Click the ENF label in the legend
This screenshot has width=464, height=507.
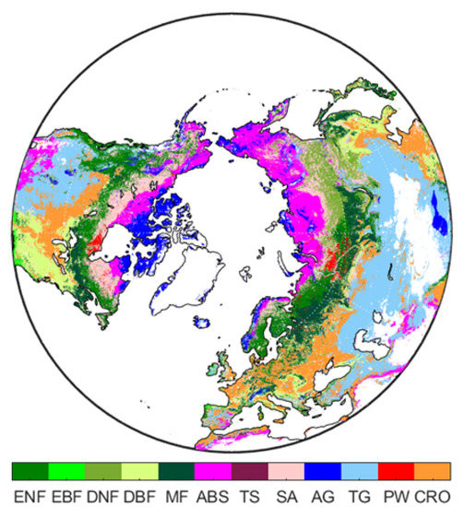(x=29, y=494)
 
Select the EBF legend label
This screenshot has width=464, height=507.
(x=66, y=494)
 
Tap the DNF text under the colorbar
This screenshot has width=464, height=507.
(x=103, y=494)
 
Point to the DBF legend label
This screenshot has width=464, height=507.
(x=140, y=494)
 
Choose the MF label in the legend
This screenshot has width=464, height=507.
(x=176, y=494)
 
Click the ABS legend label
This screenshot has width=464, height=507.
(x=212, y=494)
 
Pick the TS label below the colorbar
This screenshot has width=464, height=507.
(x=249, y=494)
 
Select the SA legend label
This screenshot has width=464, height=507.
(x=286, y=494)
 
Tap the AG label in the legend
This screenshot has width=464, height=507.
(x=322, y=494)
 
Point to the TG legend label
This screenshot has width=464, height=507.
(x=359, y=494)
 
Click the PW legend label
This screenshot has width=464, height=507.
(x=396, y=494)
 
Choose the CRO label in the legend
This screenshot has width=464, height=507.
(x=433, y=494)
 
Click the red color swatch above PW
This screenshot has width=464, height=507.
(x=397, y=471)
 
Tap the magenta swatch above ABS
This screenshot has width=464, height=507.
(x=213, y=471)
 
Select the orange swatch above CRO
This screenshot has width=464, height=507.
(x=433, y=471)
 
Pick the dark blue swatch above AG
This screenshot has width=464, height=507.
(x=323, y=471)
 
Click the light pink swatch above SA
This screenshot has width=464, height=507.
(x=286, y=471)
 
